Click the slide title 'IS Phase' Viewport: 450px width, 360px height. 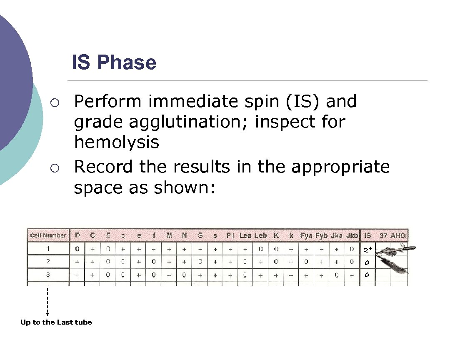(114, 63)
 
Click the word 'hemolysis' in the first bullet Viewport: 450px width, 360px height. (117, 142)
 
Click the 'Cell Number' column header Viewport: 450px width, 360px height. (48, 235)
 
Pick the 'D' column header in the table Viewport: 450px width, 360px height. (77, 235)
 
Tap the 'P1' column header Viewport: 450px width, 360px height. (230, 235)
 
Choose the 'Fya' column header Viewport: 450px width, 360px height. (306, 235)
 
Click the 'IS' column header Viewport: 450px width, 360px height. (367, 235)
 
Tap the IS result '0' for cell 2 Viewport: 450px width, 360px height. (367, 263)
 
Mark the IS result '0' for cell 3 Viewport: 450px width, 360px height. (367, 275)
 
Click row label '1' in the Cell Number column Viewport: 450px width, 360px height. (48, 249)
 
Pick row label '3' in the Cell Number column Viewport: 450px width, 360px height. (48, 275)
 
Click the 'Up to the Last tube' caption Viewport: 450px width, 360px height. (56, 322)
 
